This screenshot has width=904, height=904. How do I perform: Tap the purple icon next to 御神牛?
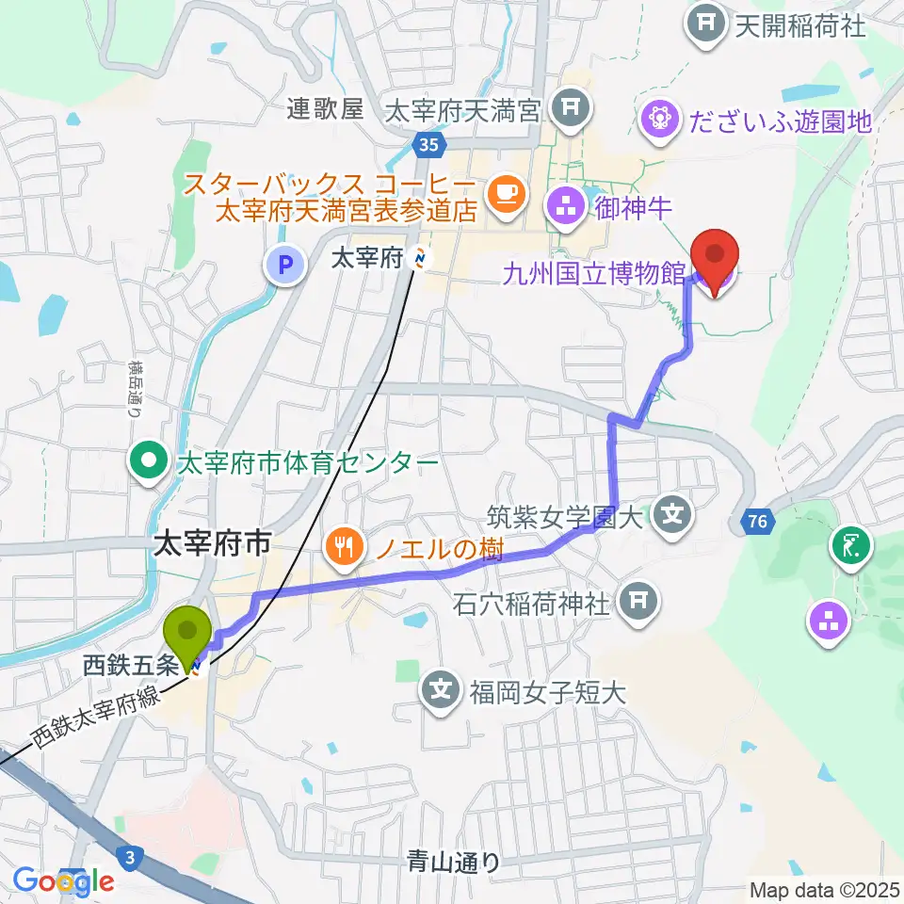click(x=568, y=209)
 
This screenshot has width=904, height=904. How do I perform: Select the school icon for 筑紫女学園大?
click(x=673, y=514)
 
